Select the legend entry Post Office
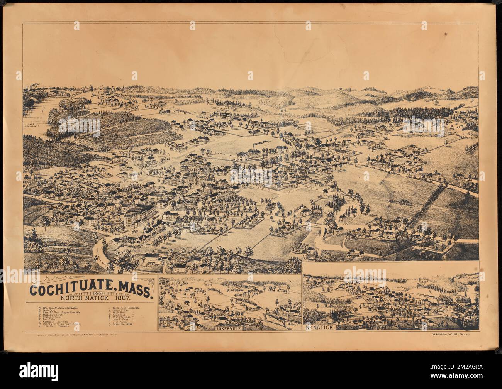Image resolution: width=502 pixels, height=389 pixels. coord(48,320)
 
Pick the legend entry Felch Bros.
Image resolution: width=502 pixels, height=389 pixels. coord(48,310)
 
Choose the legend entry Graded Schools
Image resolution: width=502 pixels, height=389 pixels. coord(51,318)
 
